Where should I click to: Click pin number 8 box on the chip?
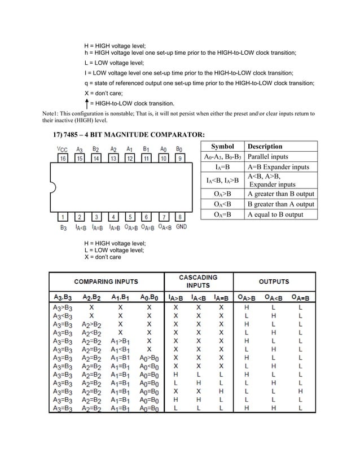[x=179, y=217]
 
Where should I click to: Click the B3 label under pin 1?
[x=63, y=228]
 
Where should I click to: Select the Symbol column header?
[x=222, y=147]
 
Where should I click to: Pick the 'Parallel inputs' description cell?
[x=267, y=157]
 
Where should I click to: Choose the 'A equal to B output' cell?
[x=275, y=214]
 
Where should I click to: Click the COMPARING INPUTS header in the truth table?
[x=106, y=282]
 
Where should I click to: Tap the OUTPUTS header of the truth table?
[x=274, y=282]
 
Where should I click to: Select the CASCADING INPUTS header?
[x=198, y=282]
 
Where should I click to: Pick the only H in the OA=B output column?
[x=300, y=391]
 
